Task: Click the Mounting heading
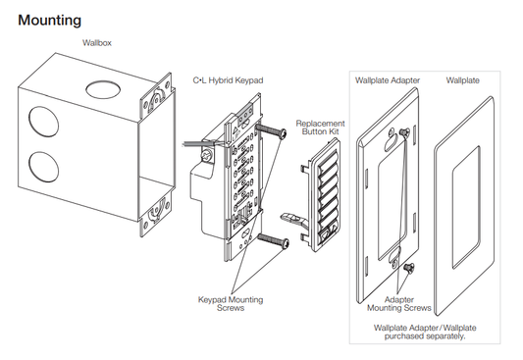(49, 20)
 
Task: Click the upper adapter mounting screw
(402, 130)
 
